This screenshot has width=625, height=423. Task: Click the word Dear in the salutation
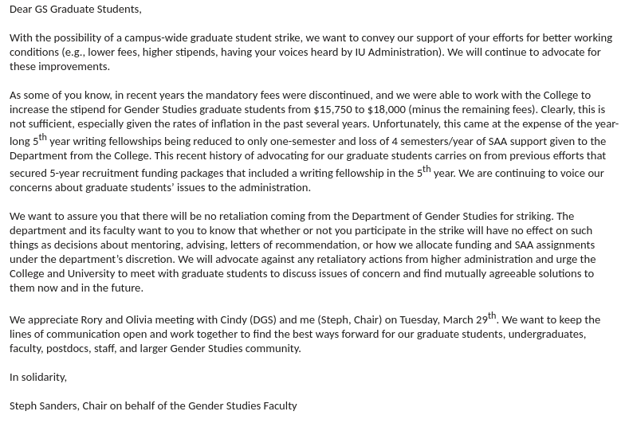coord(21,10)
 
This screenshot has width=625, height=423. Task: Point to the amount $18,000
coord(387,110)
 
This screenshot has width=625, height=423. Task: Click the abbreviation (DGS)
coord(263,320)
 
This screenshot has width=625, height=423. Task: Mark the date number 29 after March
coord(481,320)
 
